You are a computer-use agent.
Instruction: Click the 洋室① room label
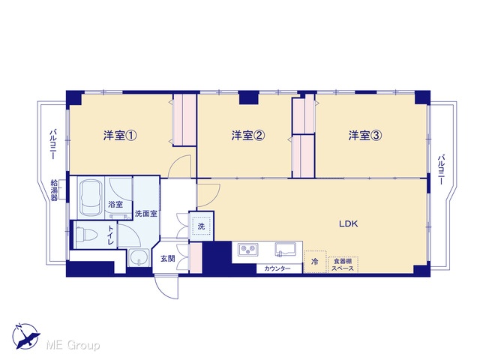[x=120, y=135]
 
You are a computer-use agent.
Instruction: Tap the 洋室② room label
[x=247, y=135]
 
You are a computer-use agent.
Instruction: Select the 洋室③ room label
[x=365, y=135]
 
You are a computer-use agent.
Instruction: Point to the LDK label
[x=348, y=223]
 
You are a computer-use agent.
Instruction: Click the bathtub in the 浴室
[x=91, y=198]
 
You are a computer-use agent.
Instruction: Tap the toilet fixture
[x=85, y=235]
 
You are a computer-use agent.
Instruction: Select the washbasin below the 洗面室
[x=139, y=258]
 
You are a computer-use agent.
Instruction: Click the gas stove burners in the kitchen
[x=248, y=249]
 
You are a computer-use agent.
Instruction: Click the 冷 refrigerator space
[x=315, y=262]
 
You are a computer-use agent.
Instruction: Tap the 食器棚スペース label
[x=343, y=265]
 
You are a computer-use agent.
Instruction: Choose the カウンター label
[x=277, y=268]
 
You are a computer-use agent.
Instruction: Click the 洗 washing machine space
[x=201, y=226]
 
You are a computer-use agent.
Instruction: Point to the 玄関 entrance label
[x=168, y=259]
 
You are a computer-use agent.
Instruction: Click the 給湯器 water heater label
[x=54, y=190]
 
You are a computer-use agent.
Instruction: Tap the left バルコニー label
[x=52, y=144]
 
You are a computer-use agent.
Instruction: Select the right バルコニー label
[x=441, y=169]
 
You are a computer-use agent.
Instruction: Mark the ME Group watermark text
[x=73, y=345]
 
